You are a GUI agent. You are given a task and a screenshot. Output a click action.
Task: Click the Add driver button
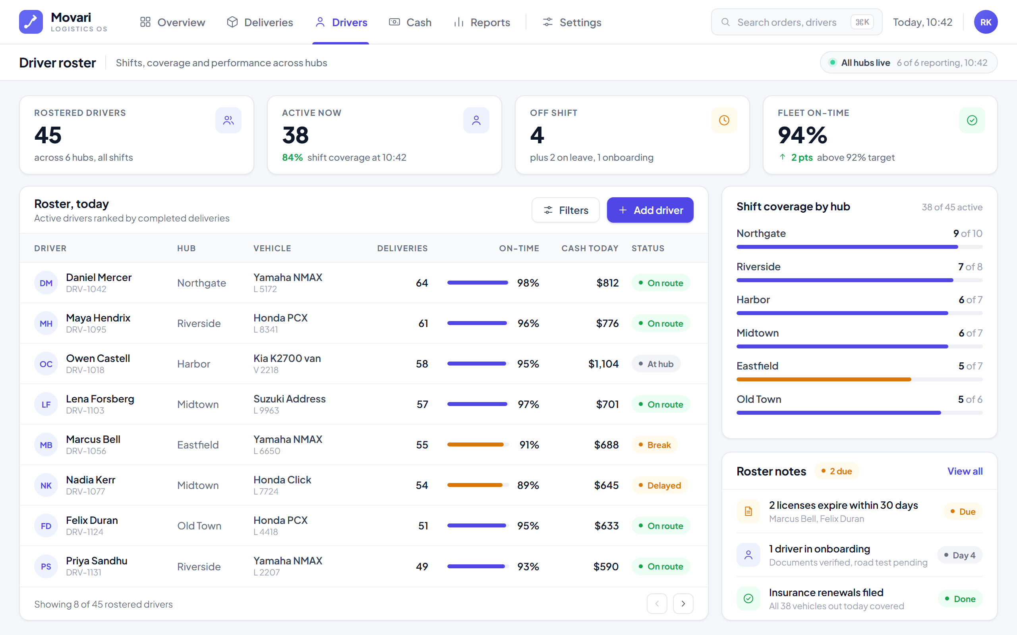coord(650,210)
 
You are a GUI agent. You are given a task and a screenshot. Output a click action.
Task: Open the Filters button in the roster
coord(565,210)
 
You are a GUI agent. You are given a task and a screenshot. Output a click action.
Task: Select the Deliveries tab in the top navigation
coord(260,22)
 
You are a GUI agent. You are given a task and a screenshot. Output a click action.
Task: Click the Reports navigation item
coord(481,22)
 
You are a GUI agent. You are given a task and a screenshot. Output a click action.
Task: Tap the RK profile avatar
coord(986,22)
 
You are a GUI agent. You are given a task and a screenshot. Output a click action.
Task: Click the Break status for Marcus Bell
coord(655,445)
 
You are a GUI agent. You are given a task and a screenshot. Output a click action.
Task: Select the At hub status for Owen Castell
coord(656,364)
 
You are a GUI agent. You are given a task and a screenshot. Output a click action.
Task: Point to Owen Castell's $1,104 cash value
coord(603,364)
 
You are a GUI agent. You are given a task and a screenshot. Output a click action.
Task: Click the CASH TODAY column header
coord(590,248)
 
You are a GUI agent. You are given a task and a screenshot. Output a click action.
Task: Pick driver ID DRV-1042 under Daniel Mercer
coord(86,289)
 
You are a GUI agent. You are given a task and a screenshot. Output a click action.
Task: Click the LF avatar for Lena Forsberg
coord(46,404)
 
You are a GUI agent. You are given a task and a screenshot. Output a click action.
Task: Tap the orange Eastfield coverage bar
coord(824,379)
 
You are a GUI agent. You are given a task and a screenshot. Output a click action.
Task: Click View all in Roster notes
coord(965,471)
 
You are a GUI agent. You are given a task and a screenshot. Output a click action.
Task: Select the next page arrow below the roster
coord(683,604)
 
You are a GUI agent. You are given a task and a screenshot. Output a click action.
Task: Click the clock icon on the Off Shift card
coord(724,121)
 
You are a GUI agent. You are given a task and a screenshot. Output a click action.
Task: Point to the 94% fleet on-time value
coord(802,135)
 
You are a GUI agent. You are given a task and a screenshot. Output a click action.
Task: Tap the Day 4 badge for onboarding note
coord(960,555)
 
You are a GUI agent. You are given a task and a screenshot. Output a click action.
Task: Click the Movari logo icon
coord(31,22)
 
